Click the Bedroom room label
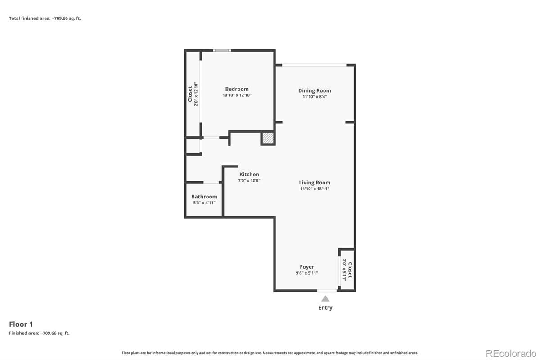coord(237,89)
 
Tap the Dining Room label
coord(315,90)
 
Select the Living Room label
coord(315,183)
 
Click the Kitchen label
coord(249,175)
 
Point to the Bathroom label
coord(204,197)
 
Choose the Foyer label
coord(307,267)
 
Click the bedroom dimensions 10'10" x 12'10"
coord(237,95)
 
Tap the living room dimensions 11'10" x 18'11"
coord(315,189)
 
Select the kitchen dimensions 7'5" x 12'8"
coord(249,180)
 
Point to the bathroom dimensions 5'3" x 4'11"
coord(204,203)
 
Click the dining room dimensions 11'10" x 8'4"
coord(315,97)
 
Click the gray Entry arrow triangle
coord(325,298)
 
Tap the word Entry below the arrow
coord(325,308)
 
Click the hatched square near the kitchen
coord(268,139)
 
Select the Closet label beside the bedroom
coord(190,94)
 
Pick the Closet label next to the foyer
coord(350,270)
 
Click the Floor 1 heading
coord(21,324)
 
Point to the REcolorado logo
coord(511,352)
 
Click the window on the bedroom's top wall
coord(222,50)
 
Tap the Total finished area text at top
coord(45,18)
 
